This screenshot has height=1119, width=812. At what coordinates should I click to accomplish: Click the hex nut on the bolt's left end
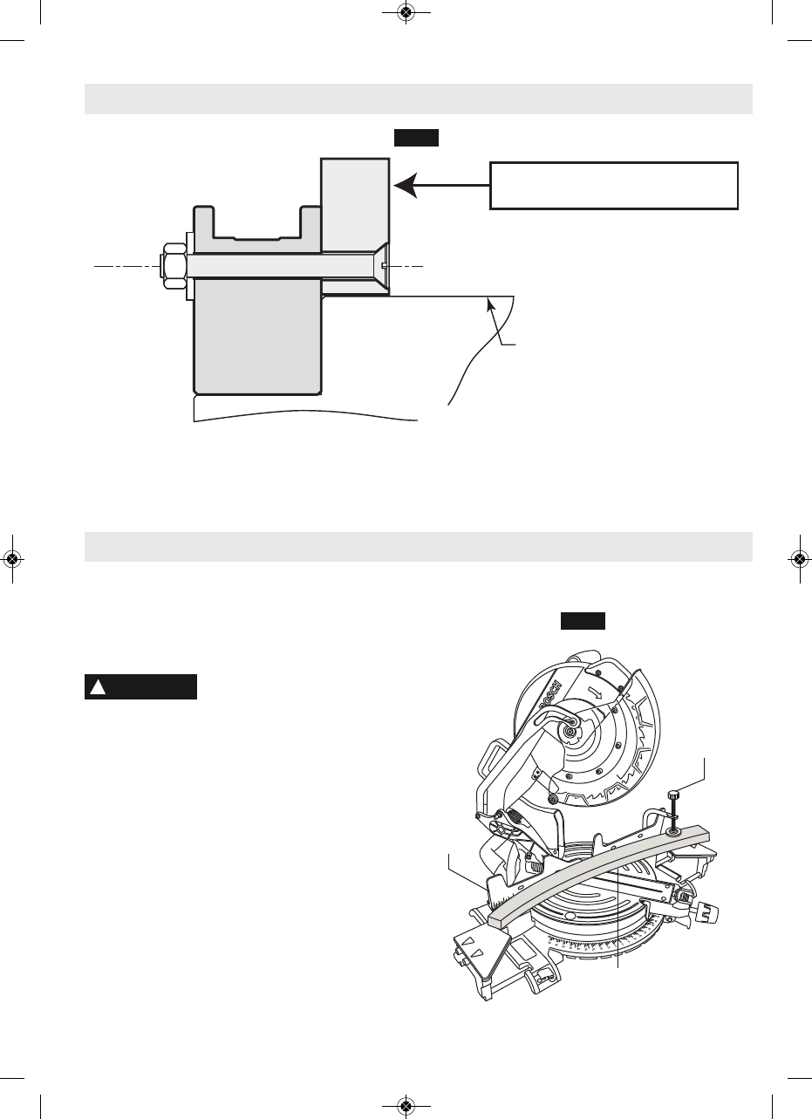[x=172, y=264]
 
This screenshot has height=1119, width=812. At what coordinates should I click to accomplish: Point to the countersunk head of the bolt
[x=381, y=264]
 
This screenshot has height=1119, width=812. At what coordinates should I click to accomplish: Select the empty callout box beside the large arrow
[x=614, y=185]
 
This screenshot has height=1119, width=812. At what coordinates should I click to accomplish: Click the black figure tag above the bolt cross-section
[x=415, y=138]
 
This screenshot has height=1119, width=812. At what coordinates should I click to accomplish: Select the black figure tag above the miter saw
[x=583, y=621]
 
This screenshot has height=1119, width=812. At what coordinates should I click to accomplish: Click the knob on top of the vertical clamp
[x=673, y=795]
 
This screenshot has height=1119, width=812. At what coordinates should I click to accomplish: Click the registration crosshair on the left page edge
[x=13, y=559]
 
